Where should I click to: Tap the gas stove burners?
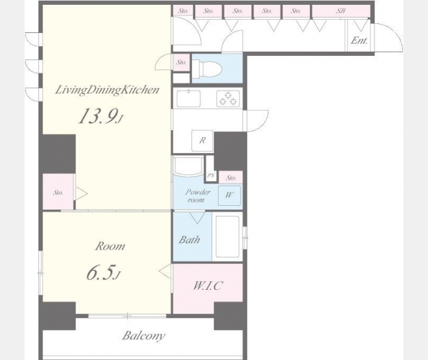click(228, 98)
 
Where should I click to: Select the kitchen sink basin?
click(188, 98)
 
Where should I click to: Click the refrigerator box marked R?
click(202, 140)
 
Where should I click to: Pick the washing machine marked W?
click(229, 195)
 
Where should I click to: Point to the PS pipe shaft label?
click(211, 175)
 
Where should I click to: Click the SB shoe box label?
click(340, 11)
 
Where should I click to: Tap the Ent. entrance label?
click(359, 40)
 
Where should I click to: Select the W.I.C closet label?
click(208, 286)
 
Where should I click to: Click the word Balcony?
click(143, 336)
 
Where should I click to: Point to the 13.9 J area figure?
click(101, 116)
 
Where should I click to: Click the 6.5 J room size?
click(103, 272)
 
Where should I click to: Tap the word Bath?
click(190, 240)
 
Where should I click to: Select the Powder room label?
click(198, 196)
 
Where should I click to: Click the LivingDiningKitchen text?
click(107, 90)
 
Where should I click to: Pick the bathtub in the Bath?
click(228, 236)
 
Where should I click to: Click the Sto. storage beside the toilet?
click(181, 62)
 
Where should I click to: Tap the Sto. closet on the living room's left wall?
click(58, 193)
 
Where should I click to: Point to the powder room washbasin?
click(188, 166)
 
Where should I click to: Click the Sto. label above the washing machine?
click(231, 178)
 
